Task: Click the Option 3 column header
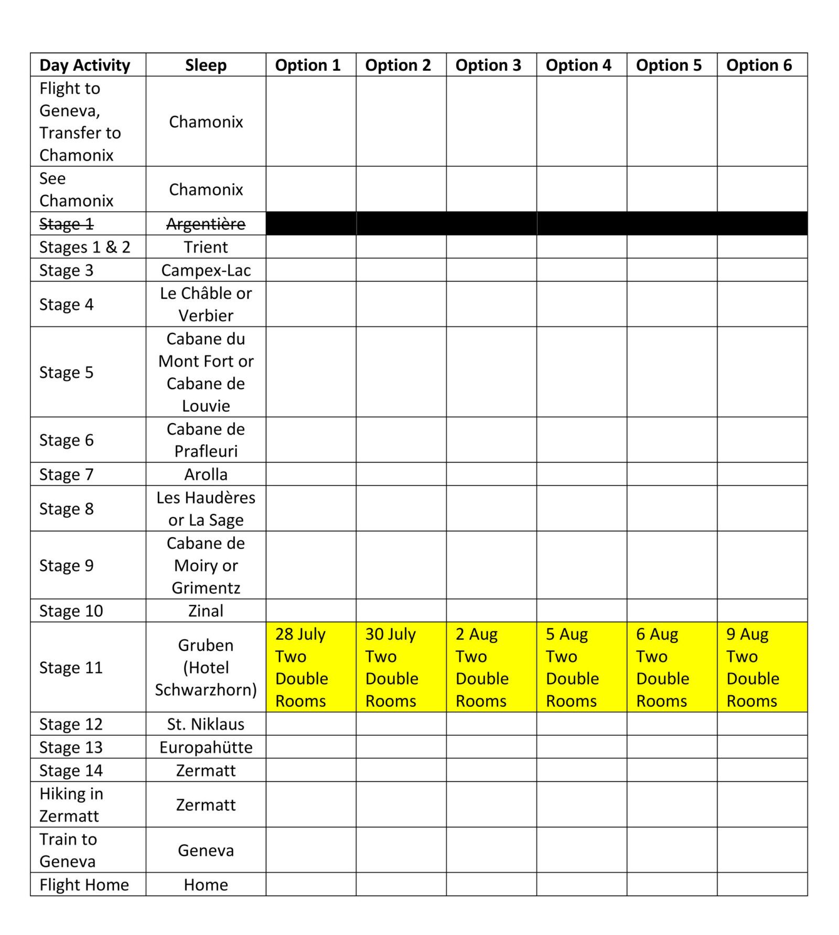pyautogui.click(x=488, y=65)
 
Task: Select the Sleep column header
pyautogui.click(x=206, y=65)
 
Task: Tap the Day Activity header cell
pyautogui.click(x=84, y=65)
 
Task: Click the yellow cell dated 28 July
pyautogui.click(x=310, y=667)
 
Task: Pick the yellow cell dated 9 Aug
pyautogui.click(x=761, y=667)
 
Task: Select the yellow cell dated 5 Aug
pyautogui.click(x=581, y=667)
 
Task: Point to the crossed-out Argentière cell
pyautogui.click(x=206, y=224)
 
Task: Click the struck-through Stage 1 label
pyautogui.click(x=67, y=224)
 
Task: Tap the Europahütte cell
pyautogui.click(x=206, y=747)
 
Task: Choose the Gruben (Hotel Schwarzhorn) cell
pyautogui.click(x=206, y=667)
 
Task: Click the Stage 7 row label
pyautogui.click(x=67, y=474)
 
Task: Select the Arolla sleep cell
pyautogui.click(x=206, y=474)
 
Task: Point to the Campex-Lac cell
pyautogui.click(x=206, y=270)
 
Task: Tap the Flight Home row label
pyautogui.click(x=84, y=885)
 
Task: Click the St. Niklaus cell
pyautogui.click(x=206, y=724)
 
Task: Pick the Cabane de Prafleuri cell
pyautogui.click(x=206, y=440)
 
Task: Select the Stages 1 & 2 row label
pyautogui.click(x=84, y=247)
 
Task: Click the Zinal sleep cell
pyautogui.click(x=206, y=610)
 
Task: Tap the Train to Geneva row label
pyautogui.click(x=68, y=850)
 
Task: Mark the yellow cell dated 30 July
pyautogui.click(x=401, y=667)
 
